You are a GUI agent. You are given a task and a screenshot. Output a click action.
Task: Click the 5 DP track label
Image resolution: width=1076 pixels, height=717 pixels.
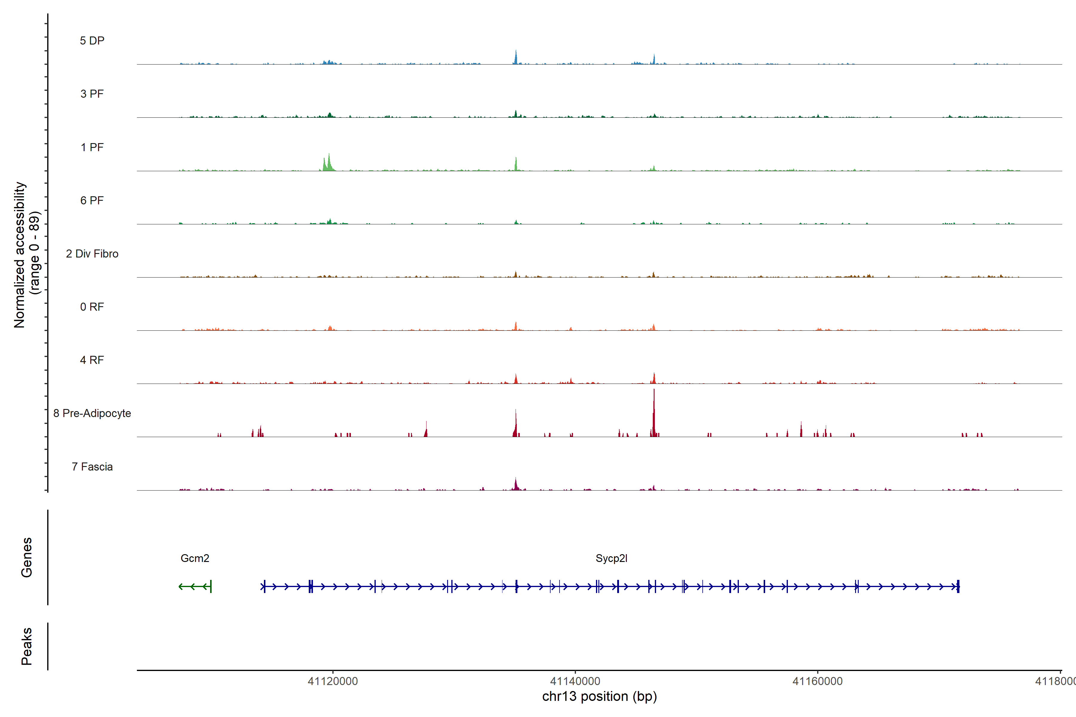(92, 41)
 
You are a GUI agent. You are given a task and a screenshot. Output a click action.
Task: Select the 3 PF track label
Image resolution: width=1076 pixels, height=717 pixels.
(92, 94)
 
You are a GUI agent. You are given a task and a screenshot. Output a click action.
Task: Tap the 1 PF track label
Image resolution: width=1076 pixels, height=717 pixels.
(92, 147)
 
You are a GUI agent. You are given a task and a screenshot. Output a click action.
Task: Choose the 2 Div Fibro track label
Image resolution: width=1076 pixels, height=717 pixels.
(92, 254)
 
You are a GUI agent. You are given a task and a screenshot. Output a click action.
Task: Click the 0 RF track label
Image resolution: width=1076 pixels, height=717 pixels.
(92, 307)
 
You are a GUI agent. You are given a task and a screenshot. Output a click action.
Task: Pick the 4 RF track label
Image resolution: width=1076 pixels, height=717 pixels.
(92, 360)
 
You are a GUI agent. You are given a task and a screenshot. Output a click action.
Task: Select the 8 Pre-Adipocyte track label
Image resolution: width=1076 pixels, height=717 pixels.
(92, 413)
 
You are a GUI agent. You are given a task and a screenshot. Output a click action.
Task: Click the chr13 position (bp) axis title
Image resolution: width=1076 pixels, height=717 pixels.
(599, 696)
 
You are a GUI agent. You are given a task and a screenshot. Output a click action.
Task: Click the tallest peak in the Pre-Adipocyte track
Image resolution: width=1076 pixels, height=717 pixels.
(654, 412)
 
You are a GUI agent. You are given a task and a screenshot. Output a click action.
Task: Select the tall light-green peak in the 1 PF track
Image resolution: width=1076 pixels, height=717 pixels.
(329, 162)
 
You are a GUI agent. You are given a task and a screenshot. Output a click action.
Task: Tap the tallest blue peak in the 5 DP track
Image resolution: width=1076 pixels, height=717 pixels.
(516, 57)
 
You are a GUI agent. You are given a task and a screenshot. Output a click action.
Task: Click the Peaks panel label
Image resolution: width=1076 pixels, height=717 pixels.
(27, 646)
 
